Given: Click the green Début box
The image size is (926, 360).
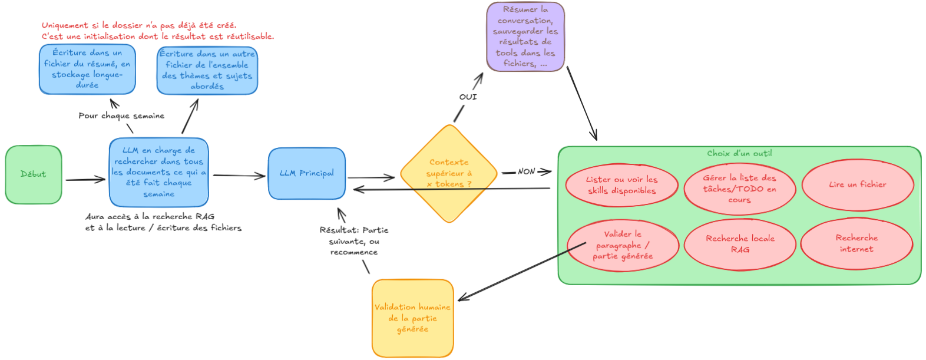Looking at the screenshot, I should [x=34, y=174].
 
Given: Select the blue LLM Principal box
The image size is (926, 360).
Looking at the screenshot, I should [x=306, y=173].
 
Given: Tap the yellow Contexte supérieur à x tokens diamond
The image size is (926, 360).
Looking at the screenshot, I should [x=449, y=173].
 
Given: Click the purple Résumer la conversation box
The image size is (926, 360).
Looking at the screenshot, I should [x=525, y=37].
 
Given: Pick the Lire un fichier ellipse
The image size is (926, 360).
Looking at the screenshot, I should [x=857, y=185].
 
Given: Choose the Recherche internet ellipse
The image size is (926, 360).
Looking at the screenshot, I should [x=856, y=243].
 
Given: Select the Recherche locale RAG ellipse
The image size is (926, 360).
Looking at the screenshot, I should [x=740, y=244].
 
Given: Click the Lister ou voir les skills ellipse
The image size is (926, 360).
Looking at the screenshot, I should [x=621, y=185].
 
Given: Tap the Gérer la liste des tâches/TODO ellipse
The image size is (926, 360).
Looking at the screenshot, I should [x=739, y=189].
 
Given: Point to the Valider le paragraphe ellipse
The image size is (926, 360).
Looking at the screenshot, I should [x=623, y=245].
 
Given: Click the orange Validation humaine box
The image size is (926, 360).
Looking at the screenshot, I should [x=412, y=318].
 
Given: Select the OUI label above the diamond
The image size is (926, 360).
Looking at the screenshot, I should [x=468, y=97].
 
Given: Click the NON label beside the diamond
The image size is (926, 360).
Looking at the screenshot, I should [x=527, y=171].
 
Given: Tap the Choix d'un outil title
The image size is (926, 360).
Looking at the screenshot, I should [x=739, y=153].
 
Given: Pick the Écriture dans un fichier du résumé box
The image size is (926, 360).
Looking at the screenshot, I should [x=87, y=69].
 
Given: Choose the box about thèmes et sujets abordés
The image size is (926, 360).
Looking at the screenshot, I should [x=207, y=70].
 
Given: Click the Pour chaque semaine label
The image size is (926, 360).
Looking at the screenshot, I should [x=121, y=116].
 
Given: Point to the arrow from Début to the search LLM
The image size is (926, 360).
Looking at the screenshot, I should [x=85, y=180].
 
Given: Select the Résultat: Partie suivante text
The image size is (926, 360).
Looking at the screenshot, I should [x=354, y=241].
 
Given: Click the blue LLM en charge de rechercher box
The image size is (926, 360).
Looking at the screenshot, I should [x=158, y=172].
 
